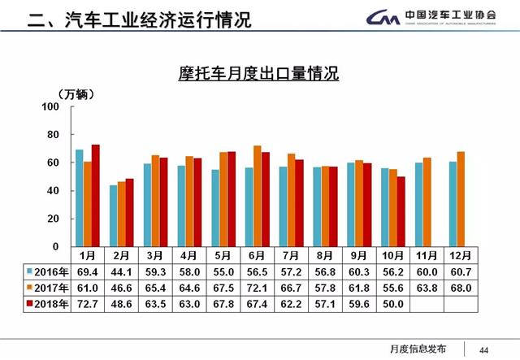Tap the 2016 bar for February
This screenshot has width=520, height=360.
pos(114,215)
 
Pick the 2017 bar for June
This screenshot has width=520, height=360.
pos(258,196)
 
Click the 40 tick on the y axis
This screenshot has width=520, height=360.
pos(54,191)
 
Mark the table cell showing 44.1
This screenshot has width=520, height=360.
pos(123,271)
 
